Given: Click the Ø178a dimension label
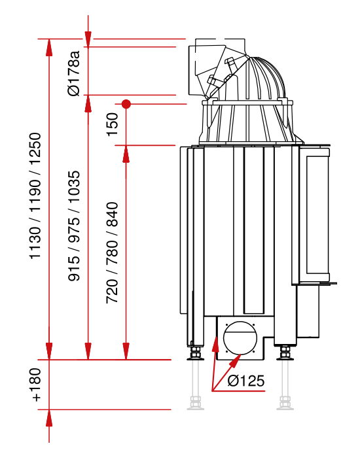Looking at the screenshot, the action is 74,73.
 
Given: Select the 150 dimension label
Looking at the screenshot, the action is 113,124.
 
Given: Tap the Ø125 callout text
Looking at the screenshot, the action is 246,381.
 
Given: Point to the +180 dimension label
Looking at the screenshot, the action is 36,385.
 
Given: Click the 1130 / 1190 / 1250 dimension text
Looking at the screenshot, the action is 35,196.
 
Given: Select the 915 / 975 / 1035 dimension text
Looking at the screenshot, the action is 74,226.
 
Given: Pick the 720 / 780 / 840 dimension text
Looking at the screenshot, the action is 113,253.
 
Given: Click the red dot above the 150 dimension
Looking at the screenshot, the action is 126,104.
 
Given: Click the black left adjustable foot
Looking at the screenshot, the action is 195,353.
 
